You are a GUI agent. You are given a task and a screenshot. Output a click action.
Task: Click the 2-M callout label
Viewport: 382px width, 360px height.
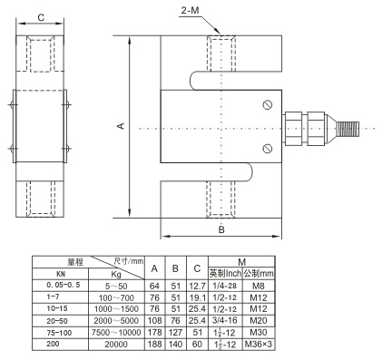coord(191,11)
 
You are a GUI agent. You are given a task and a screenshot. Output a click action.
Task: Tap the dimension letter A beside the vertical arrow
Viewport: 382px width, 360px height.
coord(121,126)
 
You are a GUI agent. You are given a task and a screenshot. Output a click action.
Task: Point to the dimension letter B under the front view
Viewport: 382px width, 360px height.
coord(221,229)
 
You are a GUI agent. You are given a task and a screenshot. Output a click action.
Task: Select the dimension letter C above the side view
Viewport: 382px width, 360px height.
coord(41,17)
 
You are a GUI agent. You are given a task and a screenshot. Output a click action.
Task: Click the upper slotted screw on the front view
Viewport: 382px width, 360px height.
coord(268,104)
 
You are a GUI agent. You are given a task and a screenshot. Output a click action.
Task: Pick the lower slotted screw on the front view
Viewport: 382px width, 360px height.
coord(268,149)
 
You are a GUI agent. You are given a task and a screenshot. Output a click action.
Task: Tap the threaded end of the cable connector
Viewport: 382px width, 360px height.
coord(348,129)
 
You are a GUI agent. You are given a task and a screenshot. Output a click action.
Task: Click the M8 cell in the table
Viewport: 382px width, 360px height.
coord(258,286)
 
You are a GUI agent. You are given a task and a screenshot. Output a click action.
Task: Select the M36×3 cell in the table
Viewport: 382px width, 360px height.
coord(259,344)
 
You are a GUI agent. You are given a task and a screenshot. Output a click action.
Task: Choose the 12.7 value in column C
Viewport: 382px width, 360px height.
coord(197,286)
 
